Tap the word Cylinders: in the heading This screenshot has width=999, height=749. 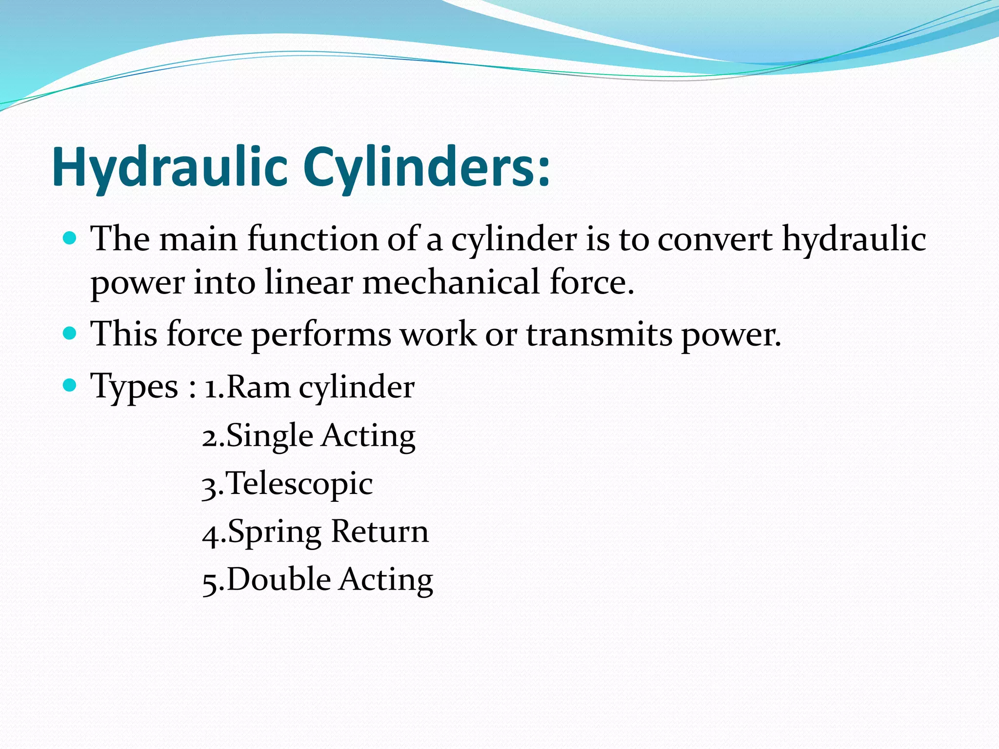426,167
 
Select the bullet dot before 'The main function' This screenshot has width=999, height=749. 70,238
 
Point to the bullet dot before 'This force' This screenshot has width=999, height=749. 70,334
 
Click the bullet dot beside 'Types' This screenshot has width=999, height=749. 70,386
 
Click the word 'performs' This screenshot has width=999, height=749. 321,335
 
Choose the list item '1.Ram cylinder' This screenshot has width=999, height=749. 309,387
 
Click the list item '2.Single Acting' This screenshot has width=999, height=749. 309,435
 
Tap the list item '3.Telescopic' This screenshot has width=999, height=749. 287,484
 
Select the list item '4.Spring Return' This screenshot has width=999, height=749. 315,532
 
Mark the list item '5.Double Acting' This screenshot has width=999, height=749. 318,580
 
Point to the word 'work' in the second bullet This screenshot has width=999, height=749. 438,335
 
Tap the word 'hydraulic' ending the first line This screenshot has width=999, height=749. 854,240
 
